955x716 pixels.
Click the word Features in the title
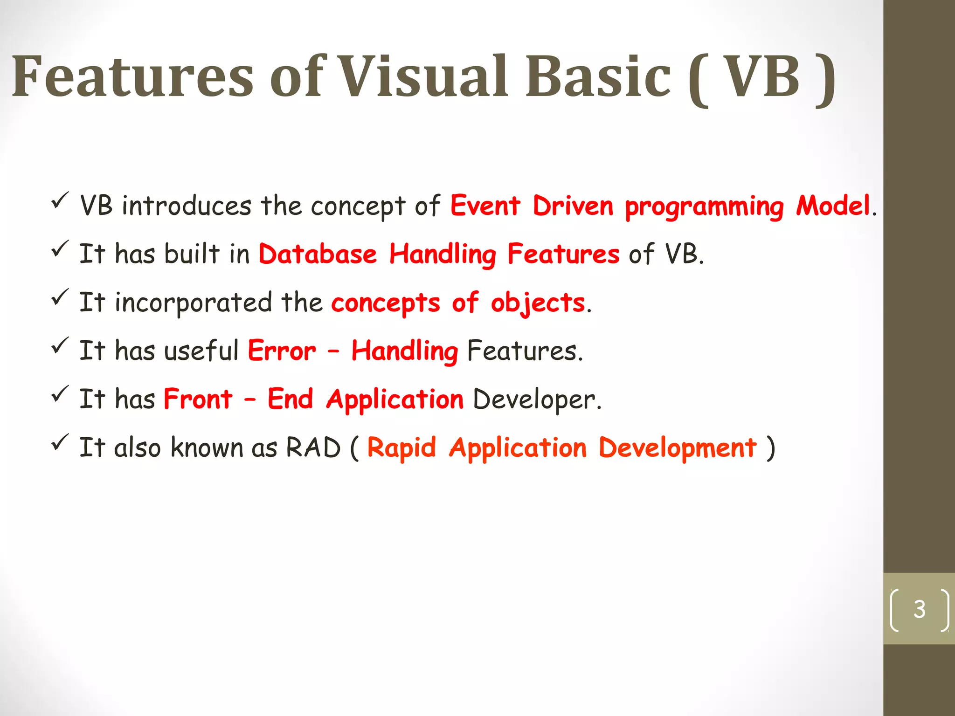(132, 76)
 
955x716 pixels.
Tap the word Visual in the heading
(422, 76)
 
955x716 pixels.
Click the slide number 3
(919, 609)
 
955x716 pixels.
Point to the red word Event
(485, 206)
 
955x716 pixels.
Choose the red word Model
(833, 206)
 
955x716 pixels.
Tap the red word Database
(318, 254)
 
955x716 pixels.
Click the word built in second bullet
(192, 254)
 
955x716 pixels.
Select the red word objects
(538, 303)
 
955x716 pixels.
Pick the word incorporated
(193, 303)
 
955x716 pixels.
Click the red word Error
(282, 351)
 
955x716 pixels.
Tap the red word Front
(198, 399)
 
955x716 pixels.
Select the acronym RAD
(313, 448)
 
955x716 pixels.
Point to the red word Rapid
(401, 448)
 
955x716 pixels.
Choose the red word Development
(677, 448)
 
